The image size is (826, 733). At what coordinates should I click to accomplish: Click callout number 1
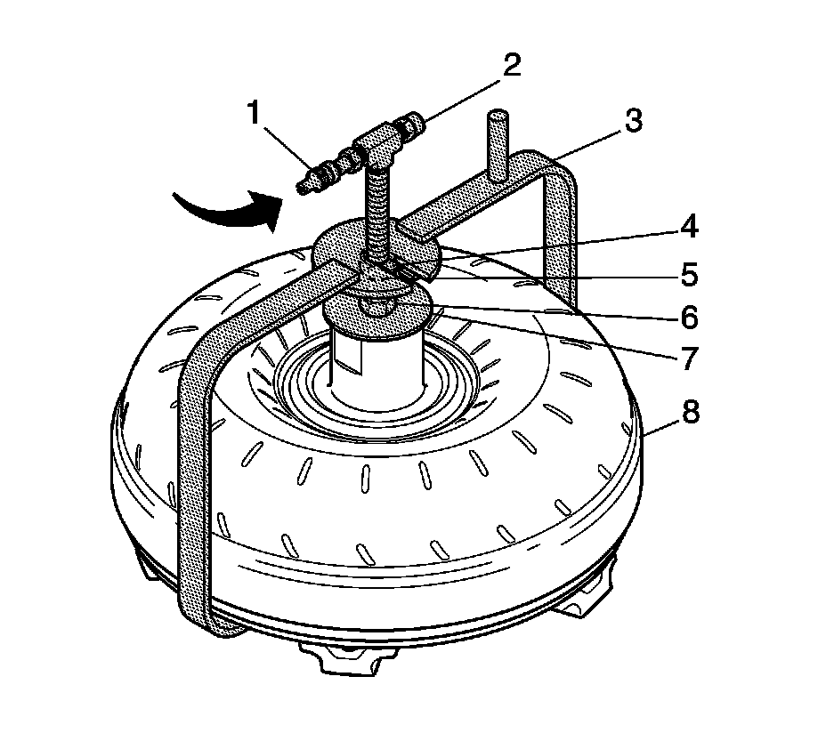click(x=255, y=113)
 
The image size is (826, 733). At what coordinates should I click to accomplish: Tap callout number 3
click(x=634, y=121)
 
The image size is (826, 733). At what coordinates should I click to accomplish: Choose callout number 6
click(x=687, y=316)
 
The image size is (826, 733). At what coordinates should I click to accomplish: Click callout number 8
click(x=687, y=414)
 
